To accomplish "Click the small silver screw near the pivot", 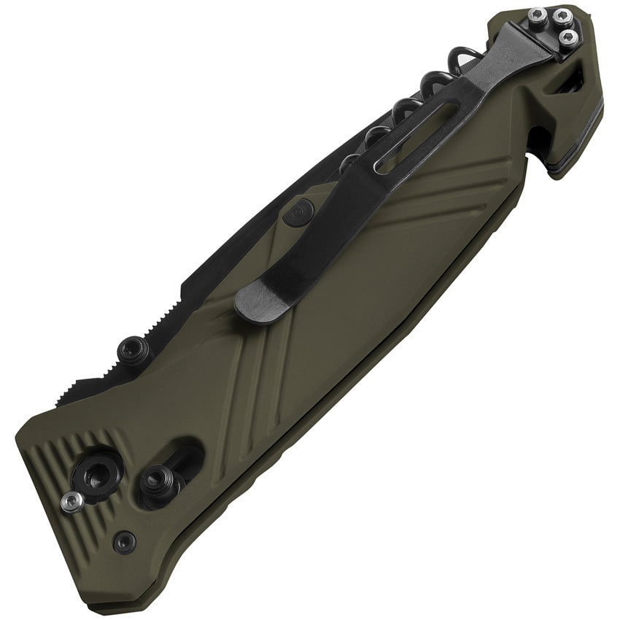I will pyautogui.click(x=71, y=501).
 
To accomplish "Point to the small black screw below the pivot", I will pyautogui.click(x=125, y=541).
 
